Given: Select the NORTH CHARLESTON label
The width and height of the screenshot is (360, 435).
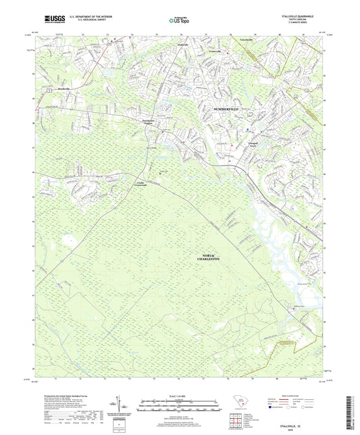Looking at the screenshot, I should [211, 255].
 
